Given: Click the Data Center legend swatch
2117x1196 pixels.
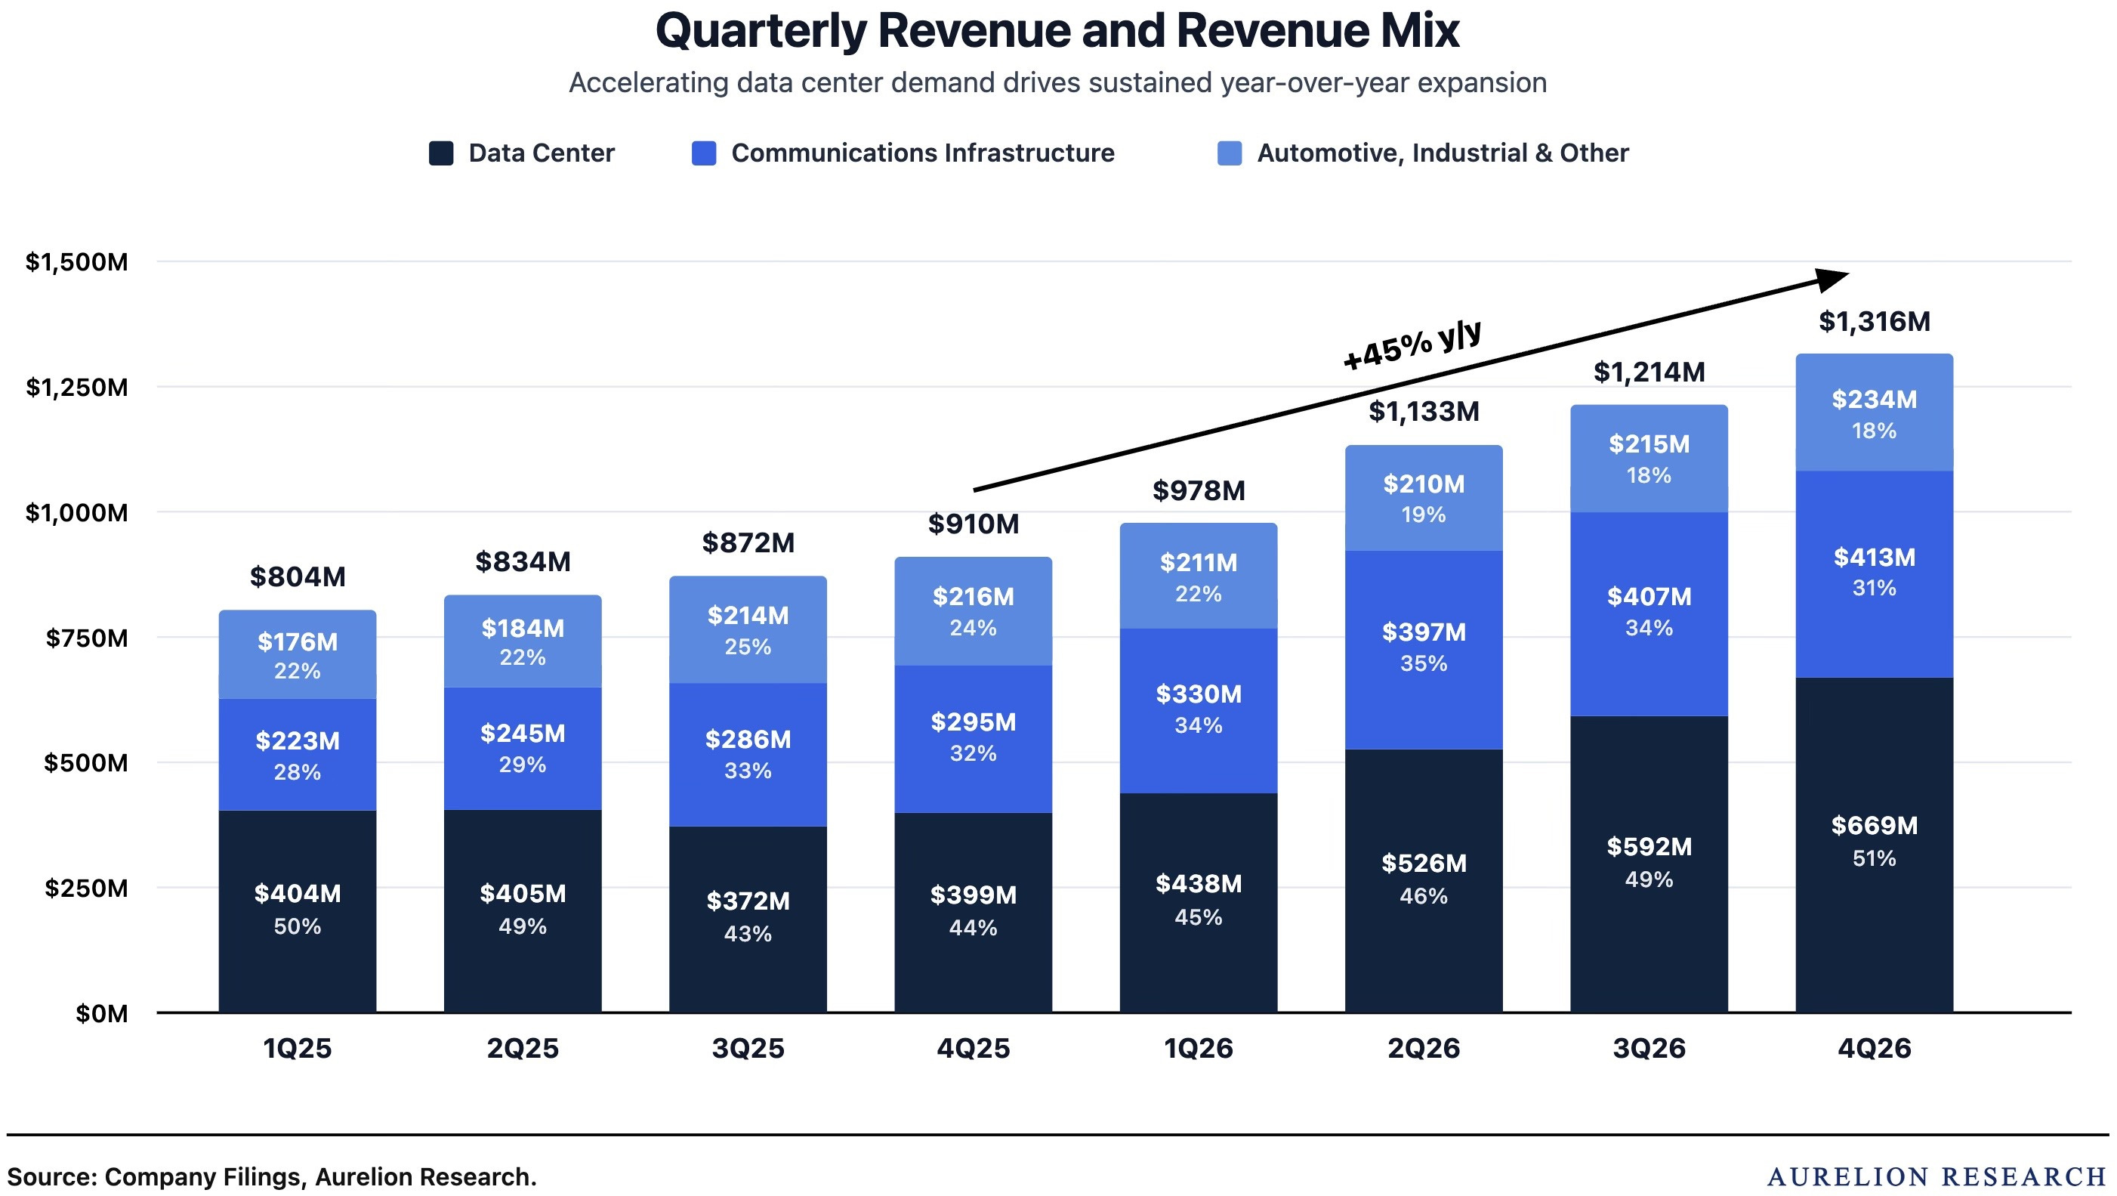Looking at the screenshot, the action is pos(440,153).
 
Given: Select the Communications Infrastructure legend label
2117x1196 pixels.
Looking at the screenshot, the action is pos(922,153).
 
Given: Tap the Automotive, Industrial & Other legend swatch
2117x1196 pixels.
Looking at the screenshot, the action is pos(1229,153).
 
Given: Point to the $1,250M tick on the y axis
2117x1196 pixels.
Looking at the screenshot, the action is pos(77,387).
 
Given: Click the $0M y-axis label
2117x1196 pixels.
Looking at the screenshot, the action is pos(102,1013).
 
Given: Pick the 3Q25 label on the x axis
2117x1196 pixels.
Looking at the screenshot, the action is pos(748,1048).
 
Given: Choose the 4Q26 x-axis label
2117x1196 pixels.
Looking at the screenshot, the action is pos(1874,1048).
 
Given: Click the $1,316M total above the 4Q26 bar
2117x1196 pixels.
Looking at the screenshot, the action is pos(1874,321).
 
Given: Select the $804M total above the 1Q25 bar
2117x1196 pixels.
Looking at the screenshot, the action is pos(298,577).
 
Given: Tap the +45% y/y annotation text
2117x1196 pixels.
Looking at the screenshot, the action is pos(1412,345).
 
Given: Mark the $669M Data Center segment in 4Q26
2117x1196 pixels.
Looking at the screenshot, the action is pos(1874,845).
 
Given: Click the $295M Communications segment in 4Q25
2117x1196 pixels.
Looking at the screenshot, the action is pos(973,739).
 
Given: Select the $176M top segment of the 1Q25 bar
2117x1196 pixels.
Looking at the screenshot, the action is pos(298,654).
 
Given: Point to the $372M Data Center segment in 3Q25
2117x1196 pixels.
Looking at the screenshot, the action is pos(748,919).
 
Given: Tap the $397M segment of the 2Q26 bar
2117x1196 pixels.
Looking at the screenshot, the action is pos(1424,651).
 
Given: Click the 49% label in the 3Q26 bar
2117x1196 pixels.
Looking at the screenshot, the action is pos(1649,879).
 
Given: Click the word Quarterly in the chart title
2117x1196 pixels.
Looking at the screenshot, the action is pos(761,31).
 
